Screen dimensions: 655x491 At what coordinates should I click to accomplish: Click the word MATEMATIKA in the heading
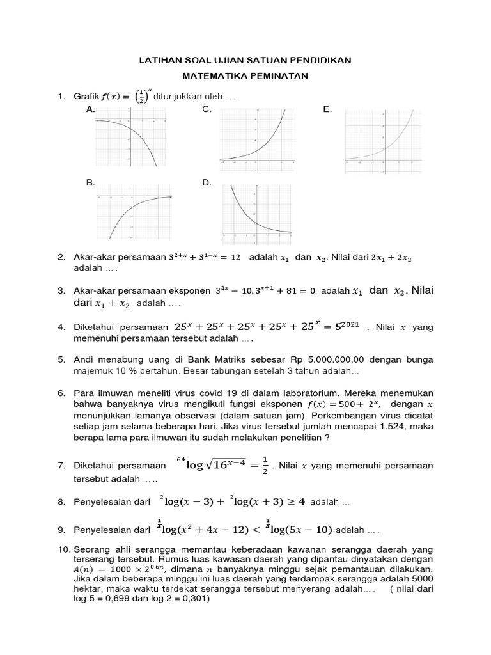tap(208, 76)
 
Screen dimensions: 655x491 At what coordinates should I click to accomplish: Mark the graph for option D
tap(256, 214)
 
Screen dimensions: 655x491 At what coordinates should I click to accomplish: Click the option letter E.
tap(327, 110)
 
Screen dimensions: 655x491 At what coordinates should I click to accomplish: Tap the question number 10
tap(63, 549)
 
